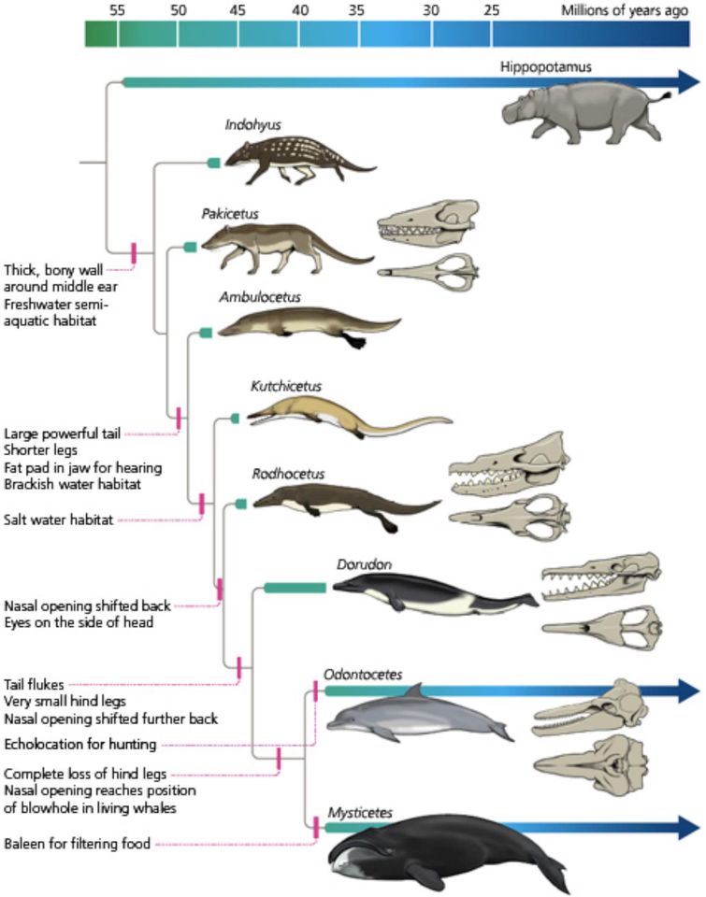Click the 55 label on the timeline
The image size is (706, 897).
click(117, 9)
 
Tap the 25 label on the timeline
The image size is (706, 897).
click(491, 9)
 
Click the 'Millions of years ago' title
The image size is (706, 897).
click(624, 10)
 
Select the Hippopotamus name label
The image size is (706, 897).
click(546, 66)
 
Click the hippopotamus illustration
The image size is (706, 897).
click(585, 113)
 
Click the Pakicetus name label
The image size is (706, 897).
click(230, 213)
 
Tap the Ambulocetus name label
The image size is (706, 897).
click(260, 297)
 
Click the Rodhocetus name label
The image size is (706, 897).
click(288, 474)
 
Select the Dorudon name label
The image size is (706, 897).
click(364, 564)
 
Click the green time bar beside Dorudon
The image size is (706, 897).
click(295, 588)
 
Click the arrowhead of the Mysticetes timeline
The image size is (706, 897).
click(689, 827)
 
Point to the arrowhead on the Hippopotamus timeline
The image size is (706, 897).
click(689, 82)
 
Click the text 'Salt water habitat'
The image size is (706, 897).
click(58, 520)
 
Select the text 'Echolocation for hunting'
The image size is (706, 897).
click(80, 744)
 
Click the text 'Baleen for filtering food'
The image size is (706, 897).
click(78, 843)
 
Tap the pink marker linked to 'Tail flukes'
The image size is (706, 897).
click(238, 667)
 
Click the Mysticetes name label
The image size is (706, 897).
click(360, 813)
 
